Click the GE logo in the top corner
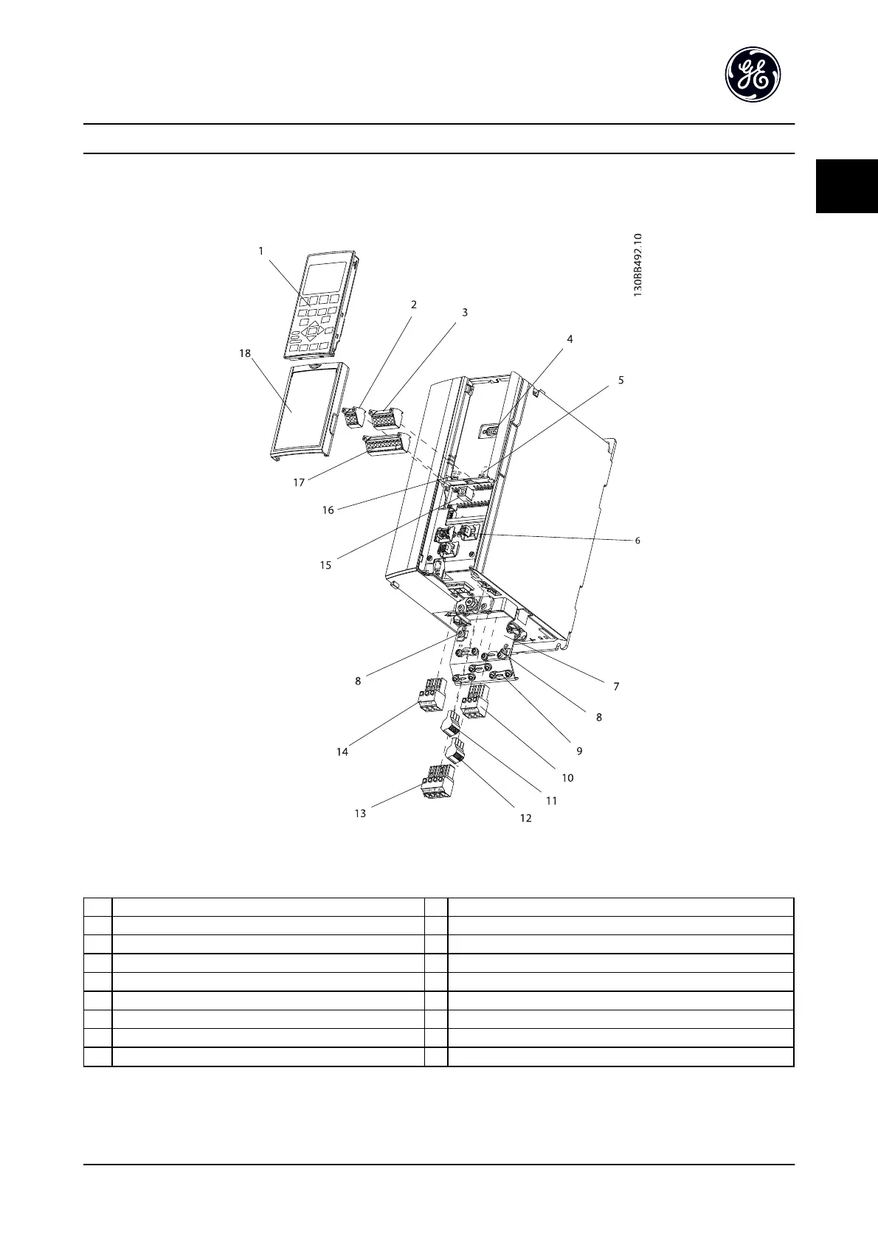(x=753, y=74)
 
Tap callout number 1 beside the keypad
(x=260, y=251)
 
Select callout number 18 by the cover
(x=245, y=353)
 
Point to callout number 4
(x=570, y=339)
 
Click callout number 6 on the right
(x=637, y=540)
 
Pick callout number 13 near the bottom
(x=360, y=813)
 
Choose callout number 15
(x=325, y=565)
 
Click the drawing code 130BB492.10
(x=638, y=266)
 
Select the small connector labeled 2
(x=354, y=415)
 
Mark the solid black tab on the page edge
(x=846, y=186)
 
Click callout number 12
(x=525, y=818)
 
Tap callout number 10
(x=567, y=777)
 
